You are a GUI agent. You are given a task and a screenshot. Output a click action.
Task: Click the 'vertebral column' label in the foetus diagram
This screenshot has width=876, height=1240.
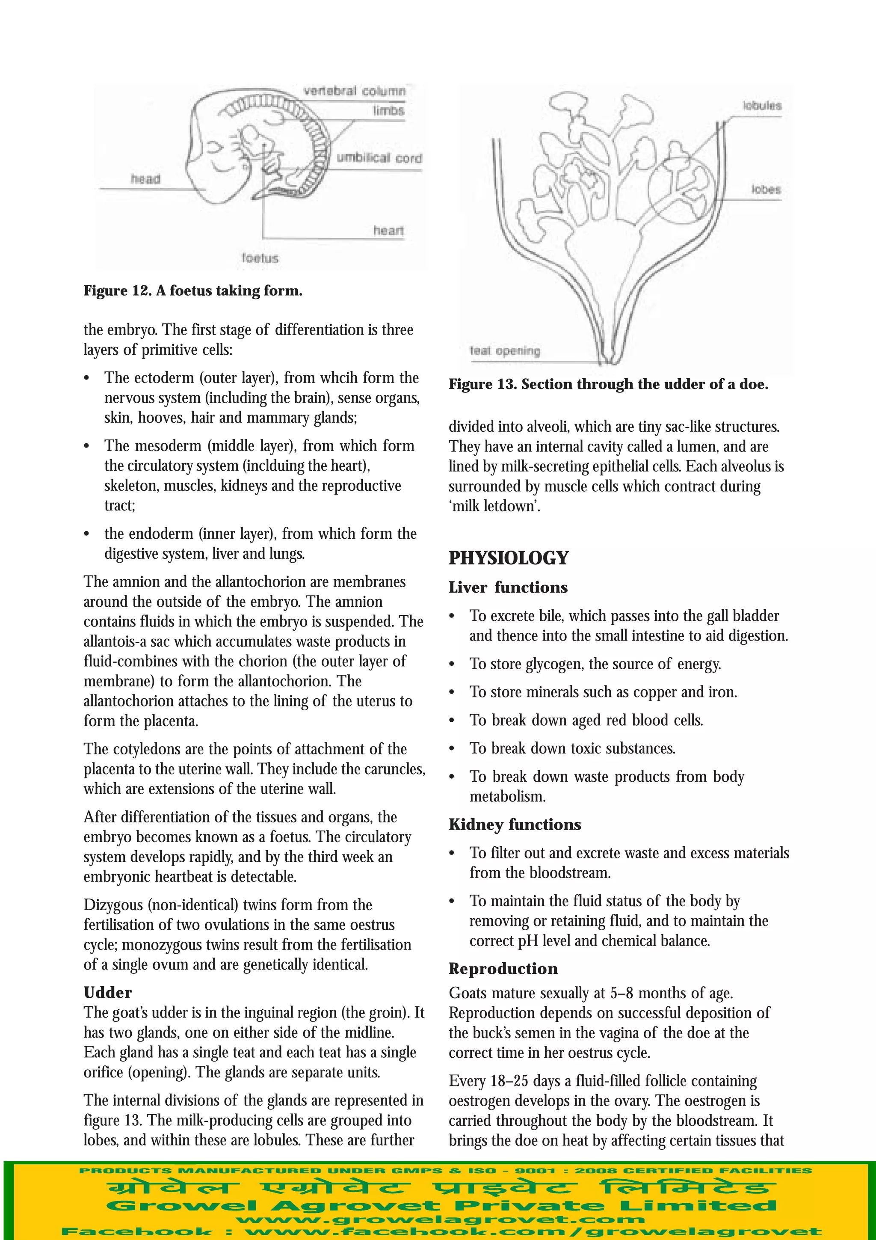coord(354,91)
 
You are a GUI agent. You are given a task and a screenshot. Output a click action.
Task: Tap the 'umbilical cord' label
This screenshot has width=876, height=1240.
coord(379,158)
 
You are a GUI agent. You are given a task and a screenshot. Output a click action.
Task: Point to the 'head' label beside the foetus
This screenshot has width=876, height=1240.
coord(145,179)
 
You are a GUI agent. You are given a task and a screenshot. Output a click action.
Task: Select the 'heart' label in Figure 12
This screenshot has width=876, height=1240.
coord(388,231)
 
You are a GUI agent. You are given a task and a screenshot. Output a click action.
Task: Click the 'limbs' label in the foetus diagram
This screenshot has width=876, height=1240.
coord(388,111)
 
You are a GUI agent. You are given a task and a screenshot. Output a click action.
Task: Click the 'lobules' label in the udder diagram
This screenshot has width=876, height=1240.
coord(761,106)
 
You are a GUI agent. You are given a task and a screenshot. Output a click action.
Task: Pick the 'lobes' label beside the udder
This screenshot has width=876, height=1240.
coord(766,190)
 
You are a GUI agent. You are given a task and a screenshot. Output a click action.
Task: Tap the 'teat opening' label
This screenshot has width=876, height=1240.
coord(505,351)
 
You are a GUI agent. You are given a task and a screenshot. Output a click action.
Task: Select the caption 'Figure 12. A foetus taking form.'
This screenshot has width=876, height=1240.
coord(192,291)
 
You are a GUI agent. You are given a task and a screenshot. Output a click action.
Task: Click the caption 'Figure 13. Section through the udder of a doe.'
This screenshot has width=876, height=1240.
coord(608,385)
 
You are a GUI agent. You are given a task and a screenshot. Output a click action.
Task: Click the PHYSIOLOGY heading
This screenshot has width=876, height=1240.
coord(509,558)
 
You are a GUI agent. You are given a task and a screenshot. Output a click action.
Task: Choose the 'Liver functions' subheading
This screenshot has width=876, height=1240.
coord(508,587)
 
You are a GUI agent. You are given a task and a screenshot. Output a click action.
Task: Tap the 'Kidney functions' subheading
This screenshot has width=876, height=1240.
coord(515,825)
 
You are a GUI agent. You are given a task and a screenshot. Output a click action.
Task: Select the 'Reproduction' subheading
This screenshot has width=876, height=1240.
coord(503,969)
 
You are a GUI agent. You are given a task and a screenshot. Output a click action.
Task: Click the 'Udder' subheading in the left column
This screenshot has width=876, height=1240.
coord(107,993)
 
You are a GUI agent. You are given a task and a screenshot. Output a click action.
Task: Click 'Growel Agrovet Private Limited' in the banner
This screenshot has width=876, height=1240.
coord(441,1205)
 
